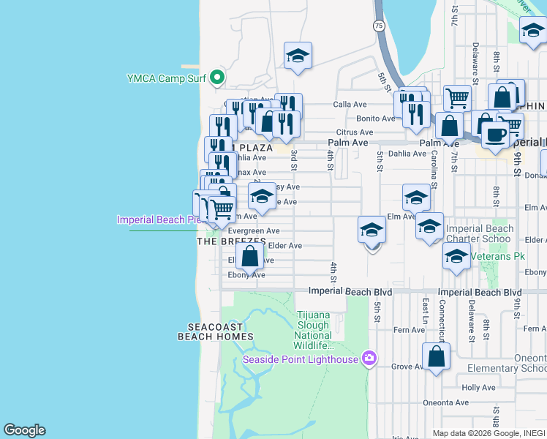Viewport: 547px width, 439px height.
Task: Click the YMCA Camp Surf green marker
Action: (x=216, y=77)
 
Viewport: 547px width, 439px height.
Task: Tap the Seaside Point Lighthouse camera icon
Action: (x=369, y=359)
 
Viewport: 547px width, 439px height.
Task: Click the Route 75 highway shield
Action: (x=377, y=26)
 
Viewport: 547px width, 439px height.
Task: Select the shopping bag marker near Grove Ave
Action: (x=437, y=357)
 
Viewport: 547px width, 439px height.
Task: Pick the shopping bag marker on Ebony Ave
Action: (x=250, y=257)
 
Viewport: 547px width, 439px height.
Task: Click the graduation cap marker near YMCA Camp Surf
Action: (x=298, y=56)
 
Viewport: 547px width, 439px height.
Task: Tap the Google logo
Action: (x=24, y=430)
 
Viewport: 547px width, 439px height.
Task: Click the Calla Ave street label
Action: (x=350, y=104)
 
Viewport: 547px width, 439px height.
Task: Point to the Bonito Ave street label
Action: (x=375, y=119)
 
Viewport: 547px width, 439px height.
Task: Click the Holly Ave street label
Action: (x=479, y=388)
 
